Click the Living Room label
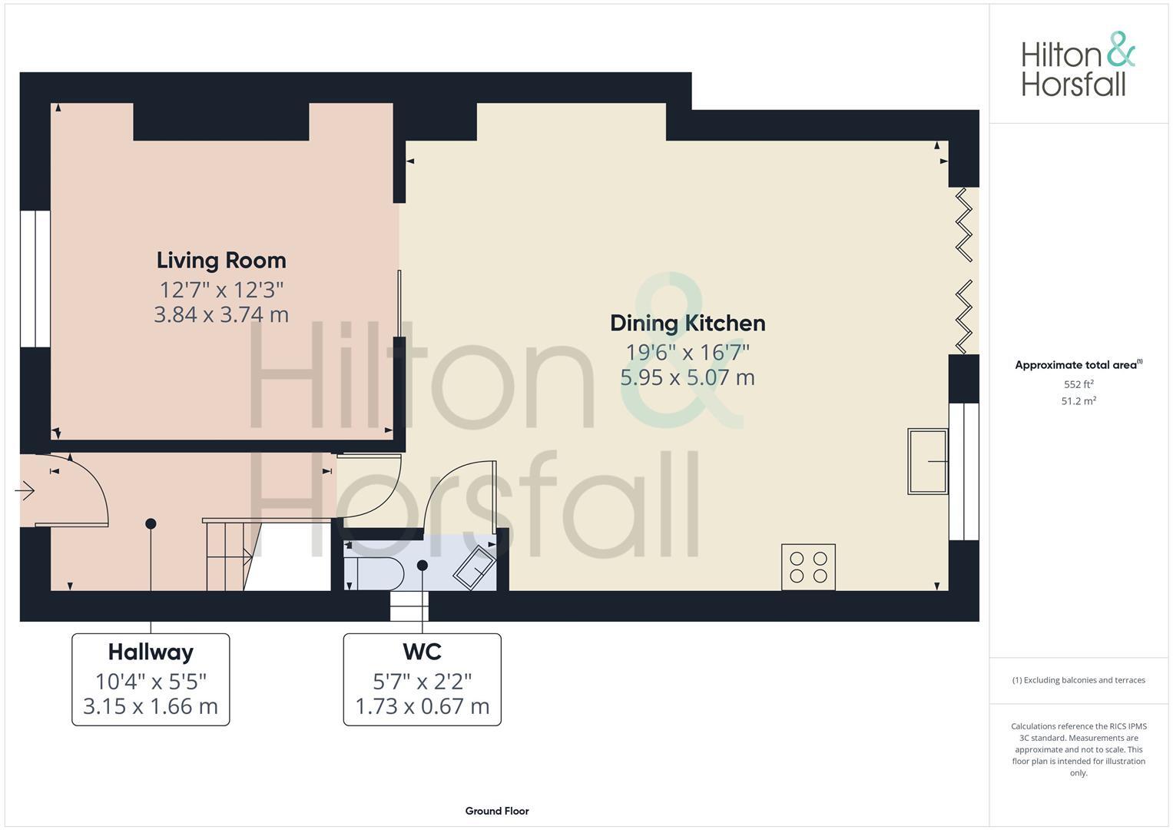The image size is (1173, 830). click(221, 261)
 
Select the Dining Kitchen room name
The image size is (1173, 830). click(688, 323)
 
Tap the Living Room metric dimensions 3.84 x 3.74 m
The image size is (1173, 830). click(221, 314)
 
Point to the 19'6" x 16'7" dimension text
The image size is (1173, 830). click(688, 352)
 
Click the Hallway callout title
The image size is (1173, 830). click(151, 652)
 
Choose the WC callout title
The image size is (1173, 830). click(422, 652)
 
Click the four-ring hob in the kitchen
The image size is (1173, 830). click(808, 567)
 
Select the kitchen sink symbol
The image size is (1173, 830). click(927, 461)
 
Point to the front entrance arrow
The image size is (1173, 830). click(25, 490)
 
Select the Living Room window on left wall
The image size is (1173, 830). click(35, 278)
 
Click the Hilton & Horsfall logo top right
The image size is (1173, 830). click(1077, 65)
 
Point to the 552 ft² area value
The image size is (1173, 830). click(1078, 384)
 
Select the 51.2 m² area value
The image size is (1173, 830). click(1078, 401)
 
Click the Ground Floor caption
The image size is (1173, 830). click(496, 811)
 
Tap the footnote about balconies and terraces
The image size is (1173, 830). click(1078, 680)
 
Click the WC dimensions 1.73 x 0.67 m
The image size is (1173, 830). click(422, 706)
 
